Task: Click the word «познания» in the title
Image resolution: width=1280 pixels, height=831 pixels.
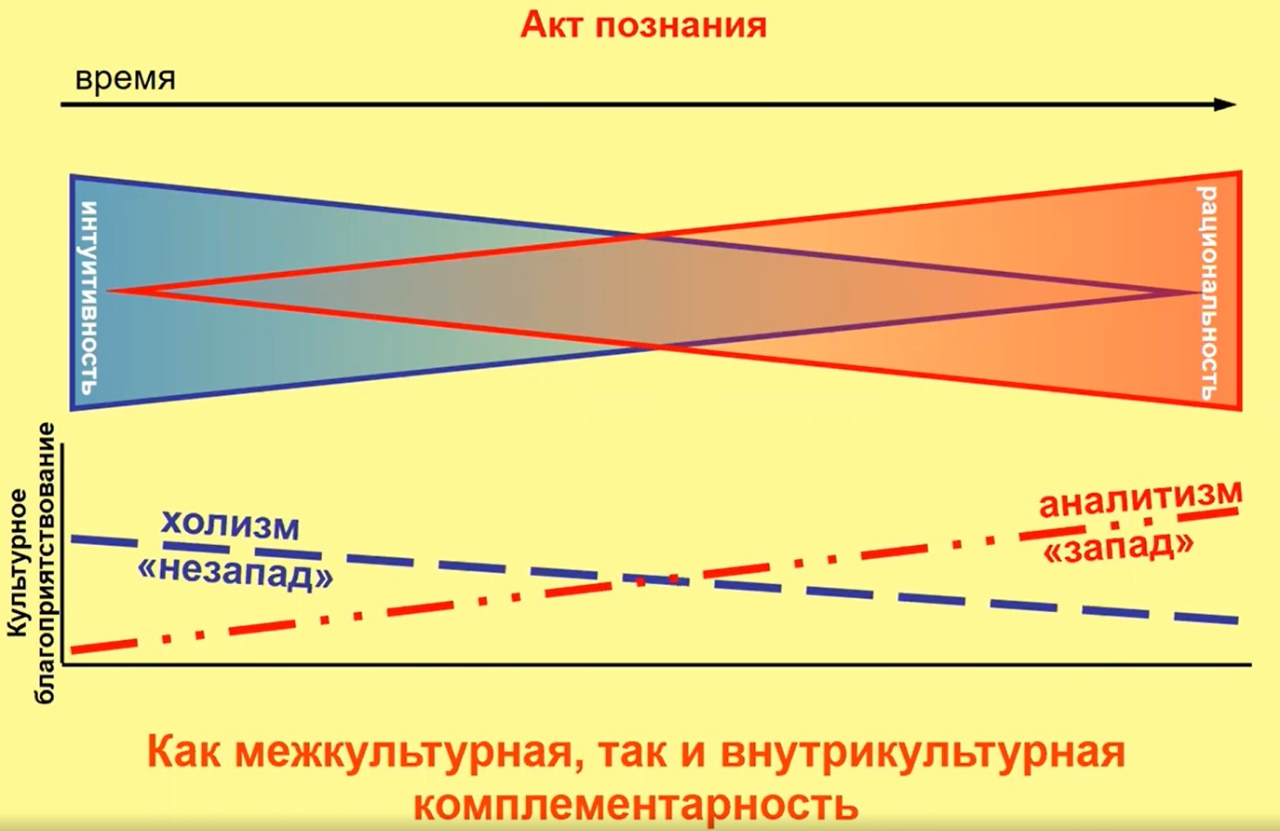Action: [x=681, y=27]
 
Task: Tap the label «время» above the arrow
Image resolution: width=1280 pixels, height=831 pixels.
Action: [x=125, y=79]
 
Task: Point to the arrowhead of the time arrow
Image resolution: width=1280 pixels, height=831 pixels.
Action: [x=1225, y=104]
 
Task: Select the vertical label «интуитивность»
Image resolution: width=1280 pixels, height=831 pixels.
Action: [x=90, y=297]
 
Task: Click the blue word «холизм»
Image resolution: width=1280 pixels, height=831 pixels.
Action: [x=230, y=524]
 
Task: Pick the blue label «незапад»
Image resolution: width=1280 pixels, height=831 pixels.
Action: [x=235, y=573]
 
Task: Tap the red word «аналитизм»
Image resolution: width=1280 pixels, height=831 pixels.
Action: [x=1140, y=498]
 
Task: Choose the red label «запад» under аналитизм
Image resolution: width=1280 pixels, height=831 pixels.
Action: [x=1118, y=549]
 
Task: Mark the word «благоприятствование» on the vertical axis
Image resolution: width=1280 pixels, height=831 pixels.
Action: [x=45, y=564]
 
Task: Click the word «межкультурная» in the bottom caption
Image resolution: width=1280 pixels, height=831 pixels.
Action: [x=402, y=754]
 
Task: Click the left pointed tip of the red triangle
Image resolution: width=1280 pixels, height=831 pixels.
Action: [x=110, y=292]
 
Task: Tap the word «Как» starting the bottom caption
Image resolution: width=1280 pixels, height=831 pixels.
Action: [x=182, y=753]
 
